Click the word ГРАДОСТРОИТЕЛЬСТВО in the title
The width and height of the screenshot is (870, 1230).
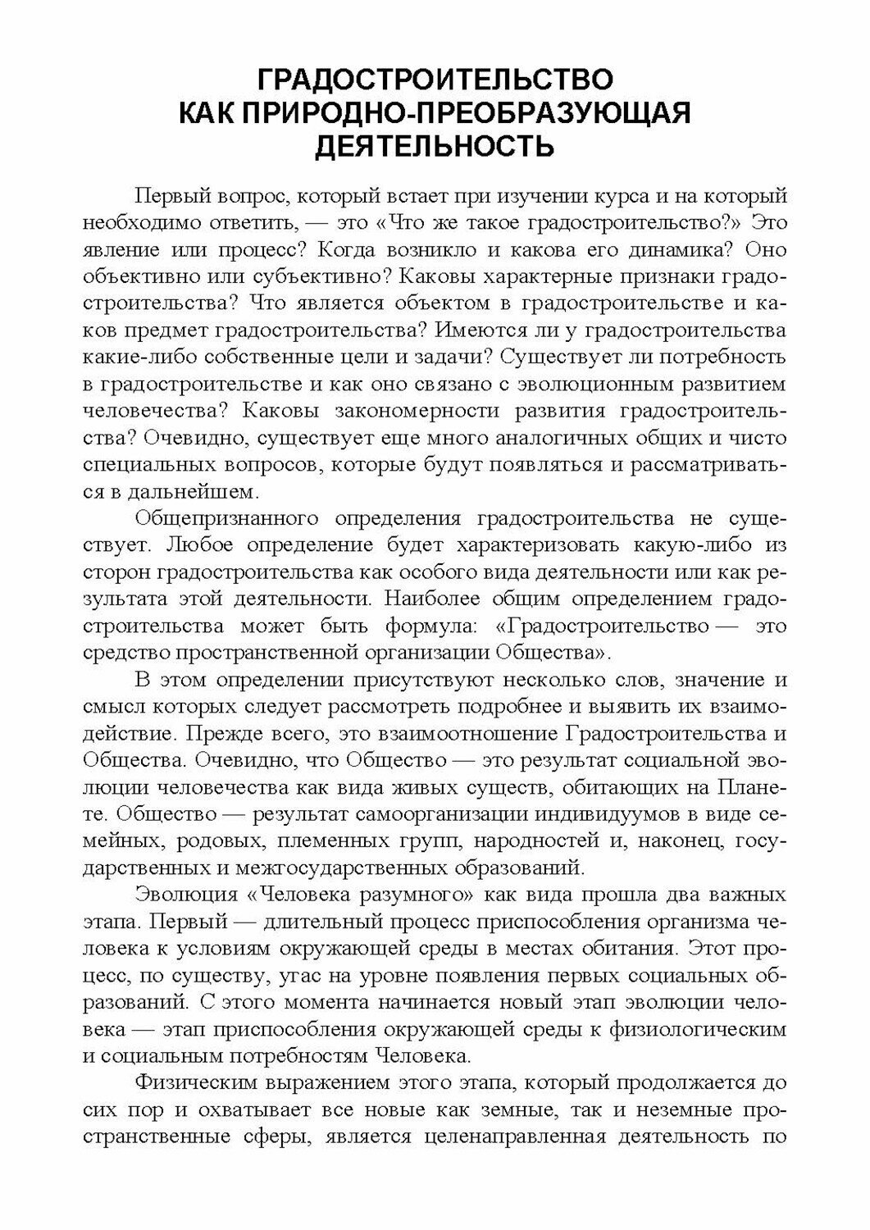click(x=435, y=81)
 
